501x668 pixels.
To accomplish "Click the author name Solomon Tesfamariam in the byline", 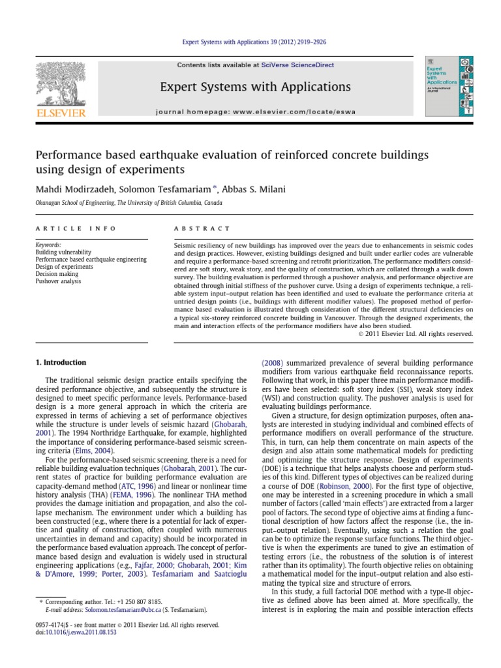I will click(x=165, y=189).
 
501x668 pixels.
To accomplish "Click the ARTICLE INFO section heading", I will click(x=76, y=228).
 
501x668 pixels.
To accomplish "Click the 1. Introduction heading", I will click(x=60, y=362).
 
